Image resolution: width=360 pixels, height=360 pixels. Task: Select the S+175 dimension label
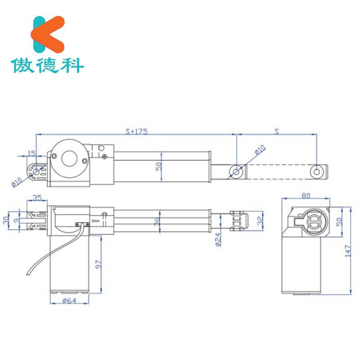(x=136, y=131)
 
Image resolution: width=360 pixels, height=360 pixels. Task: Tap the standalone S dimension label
(x=276, y=131)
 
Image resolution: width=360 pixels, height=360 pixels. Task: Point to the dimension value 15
(x=31, y=153)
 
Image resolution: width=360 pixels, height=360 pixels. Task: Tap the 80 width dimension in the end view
(x=306, y=196)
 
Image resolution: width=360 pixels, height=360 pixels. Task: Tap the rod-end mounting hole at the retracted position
(x=236, y=171)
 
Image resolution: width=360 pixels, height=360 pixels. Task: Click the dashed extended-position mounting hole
(x=317, y=171)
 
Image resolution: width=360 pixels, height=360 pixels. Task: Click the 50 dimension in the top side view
(x=158, y=166)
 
